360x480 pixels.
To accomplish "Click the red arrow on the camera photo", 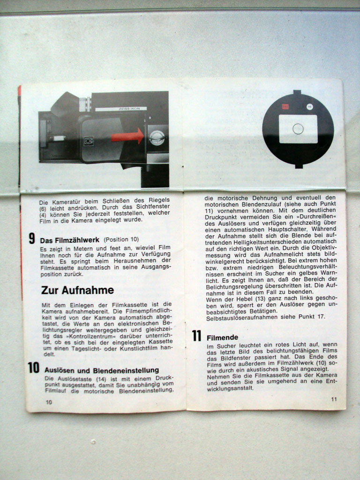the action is coord(127,136).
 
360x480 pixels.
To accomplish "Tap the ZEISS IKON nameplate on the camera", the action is coord(121,109).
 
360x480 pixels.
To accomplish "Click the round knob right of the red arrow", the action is coord(157,138).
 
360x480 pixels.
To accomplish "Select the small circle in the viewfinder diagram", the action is coord(298,129).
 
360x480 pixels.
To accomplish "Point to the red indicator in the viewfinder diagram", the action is coord(285,106).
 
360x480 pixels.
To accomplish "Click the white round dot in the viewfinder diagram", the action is coord(310,106).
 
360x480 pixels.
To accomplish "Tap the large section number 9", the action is coord(32,239).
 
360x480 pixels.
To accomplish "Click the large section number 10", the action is coord(34,367).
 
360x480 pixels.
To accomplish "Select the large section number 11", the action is coord(196,336).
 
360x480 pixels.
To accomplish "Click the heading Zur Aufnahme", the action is coord(77,290).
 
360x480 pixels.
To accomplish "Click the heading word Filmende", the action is coord(222,337).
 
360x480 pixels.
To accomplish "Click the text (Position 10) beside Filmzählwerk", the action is coord(121,240).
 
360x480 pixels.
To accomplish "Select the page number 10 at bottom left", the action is coord(49,402).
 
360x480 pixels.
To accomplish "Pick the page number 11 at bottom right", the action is coord(334,399).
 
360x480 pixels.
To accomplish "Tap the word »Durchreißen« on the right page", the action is coord(312,217).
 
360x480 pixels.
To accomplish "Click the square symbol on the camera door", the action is coord(89,141).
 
